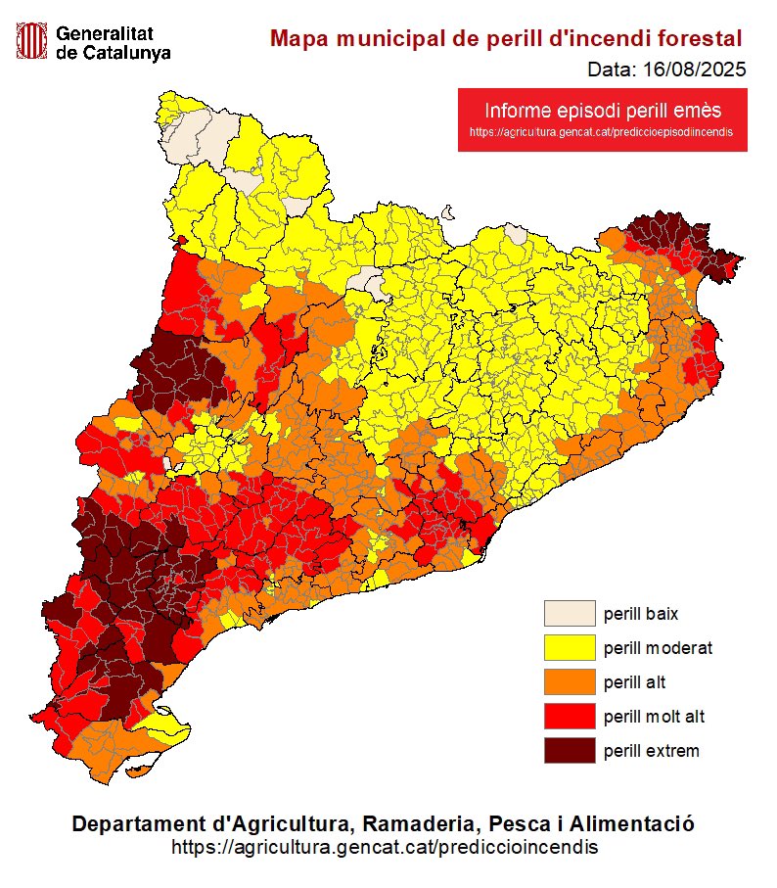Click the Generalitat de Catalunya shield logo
pos(32,41)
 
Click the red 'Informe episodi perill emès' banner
pos(603,111)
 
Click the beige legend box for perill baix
pos(570,614)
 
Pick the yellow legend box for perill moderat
pos(570,648)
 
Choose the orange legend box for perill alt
pos(570,682)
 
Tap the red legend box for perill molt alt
pos(570,717)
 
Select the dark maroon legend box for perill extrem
pos(570,751)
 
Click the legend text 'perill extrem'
pos(651,751)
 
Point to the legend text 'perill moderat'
pos(657,648)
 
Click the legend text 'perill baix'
pos(640,614)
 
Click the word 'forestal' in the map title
pos(698,39)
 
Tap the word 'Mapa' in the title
pos(298,39)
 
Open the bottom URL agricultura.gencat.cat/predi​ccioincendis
pos(384,845)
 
